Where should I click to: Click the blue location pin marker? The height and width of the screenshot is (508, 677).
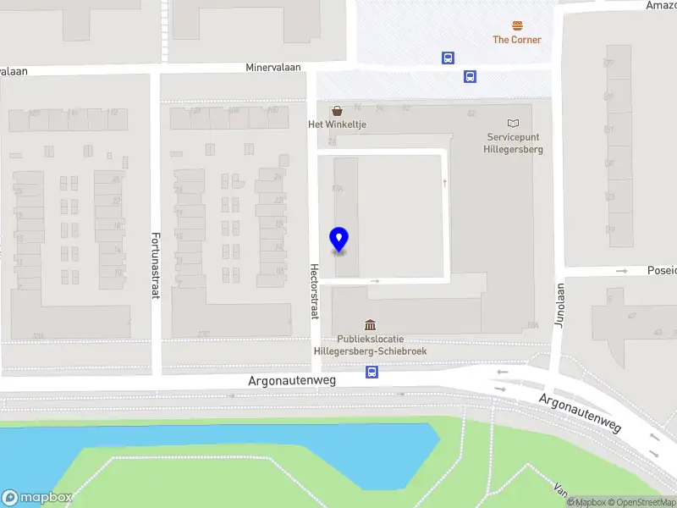click(x=338, y=239)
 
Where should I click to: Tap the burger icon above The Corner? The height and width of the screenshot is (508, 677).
click(x=516, y=25)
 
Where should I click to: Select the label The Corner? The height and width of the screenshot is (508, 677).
click(x=516, y=40)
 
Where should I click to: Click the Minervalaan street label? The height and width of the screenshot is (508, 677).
click(x=273, y=67)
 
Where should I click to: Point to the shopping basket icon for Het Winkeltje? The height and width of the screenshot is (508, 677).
click(x=338, y=110)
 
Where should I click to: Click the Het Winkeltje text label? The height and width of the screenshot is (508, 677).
click(x=337, y=124)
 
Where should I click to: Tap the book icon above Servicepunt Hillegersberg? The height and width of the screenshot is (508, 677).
click(x=514, y=124)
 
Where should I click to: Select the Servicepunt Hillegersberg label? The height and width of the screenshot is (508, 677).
click(x=515, y=143)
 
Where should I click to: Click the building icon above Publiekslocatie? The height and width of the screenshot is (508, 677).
click(x=370, y=324)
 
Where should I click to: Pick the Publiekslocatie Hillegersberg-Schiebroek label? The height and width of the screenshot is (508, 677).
click(x=371, y=345)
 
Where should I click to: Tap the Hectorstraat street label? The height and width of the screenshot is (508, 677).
click(x=314, y=290)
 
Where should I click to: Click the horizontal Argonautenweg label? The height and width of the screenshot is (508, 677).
click(x=292, y=381)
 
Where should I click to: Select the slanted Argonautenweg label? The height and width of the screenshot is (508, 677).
click(x=581, y=411)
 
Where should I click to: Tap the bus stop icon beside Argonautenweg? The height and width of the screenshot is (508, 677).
click(x=372, y=372)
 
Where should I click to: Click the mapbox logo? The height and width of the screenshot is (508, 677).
click(x=36, y=498)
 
